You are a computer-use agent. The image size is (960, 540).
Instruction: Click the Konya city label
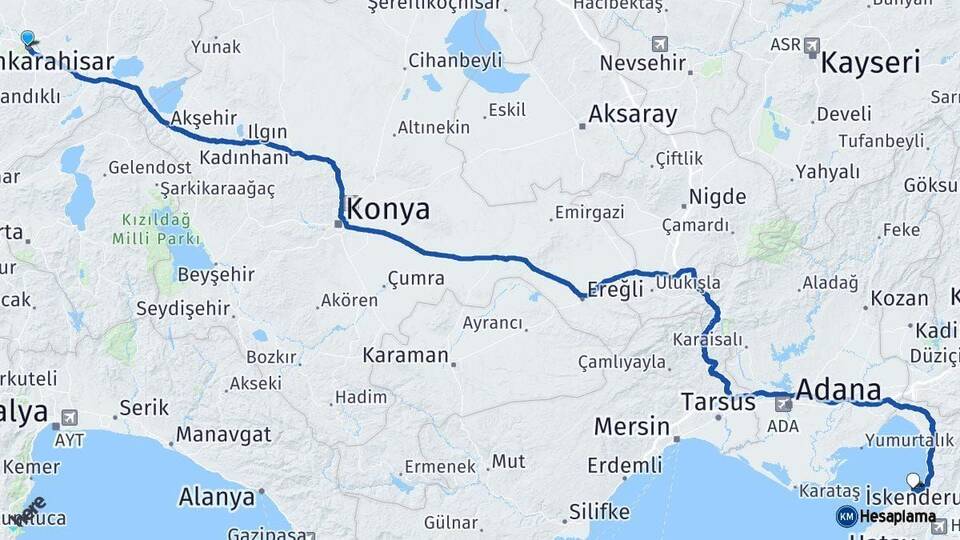[x=390, y=210]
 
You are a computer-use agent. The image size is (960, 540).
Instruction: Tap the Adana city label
[x=839, y=390]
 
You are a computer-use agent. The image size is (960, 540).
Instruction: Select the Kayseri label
[x=870, y=64]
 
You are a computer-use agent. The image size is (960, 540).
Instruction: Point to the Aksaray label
[x=632, y=114]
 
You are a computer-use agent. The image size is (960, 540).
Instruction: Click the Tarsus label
[x=717, y=402]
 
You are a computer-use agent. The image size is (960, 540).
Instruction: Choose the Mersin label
[x=631, y=427]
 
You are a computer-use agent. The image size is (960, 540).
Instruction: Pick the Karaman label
[x=405, y=355]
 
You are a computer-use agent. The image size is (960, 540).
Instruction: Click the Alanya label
[x=216, y=497]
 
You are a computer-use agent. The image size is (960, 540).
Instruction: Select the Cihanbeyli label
[x=455, y=61]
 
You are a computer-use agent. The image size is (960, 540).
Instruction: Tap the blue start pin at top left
[x=27, y=38]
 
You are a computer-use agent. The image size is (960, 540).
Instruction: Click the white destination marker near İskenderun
[x=912, y=480]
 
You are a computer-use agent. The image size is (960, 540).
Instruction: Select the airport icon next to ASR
[x=811, y=45]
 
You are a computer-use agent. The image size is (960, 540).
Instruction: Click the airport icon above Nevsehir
[x=659, y=44]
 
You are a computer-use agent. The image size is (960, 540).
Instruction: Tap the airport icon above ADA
[x=783, y=404]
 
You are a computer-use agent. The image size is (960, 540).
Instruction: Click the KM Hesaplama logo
[x=886, y=516]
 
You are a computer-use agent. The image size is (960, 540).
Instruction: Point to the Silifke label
[x=599, y=512]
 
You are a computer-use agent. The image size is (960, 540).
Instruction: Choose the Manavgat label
[x=224, y=435]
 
